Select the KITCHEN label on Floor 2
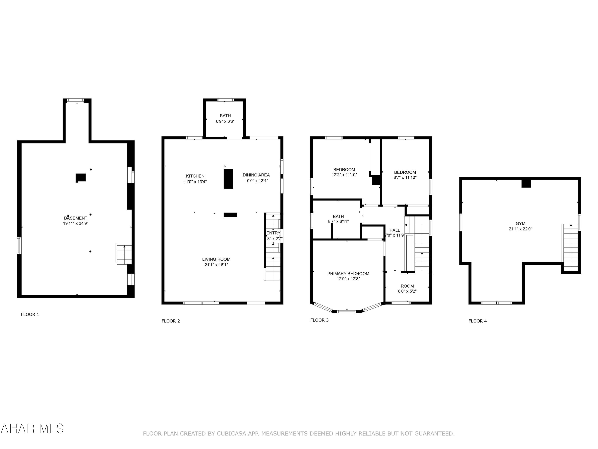tap(195, 176)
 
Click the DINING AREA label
tap(256, 175)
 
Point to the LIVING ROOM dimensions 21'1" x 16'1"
tap(216, 265)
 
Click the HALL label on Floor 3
tap(394, 230)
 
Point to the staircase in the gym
tap(570, 248)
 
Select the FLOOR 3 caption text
tap(319, 320)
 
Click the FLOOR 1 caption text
tap(30, 314)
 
